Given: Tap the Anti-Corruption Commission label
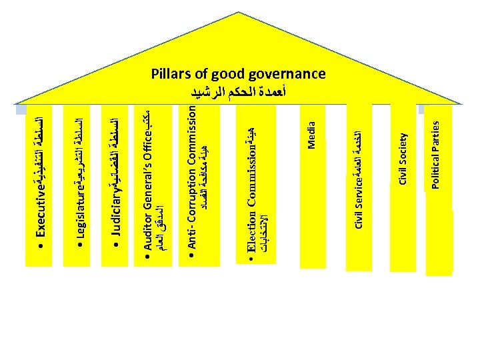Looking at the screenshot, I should [x=193, y=174].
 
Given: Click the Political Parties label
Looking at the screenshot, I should [x=435, y=153].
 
